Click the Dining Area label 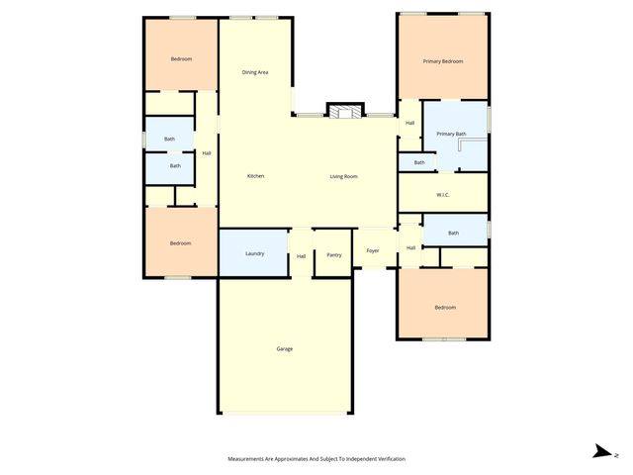(255, 72)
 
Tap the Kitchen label (255, 176)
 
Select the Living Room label (343, 176)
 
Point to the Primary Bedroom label (442, 61)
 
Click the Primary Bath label (450, 134)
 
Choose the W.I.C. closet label (442, 194)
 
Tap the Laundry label (254, 254)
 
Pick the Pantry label (334, 255)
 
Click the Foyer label (373, 250)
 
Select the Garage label (285, 348)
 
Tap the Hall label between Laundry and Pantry (301, 256)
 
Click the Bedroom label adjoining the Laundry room (180, 243)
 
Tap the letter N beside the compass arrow (616, 454)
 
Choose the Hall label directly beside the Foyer (409, 247)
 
